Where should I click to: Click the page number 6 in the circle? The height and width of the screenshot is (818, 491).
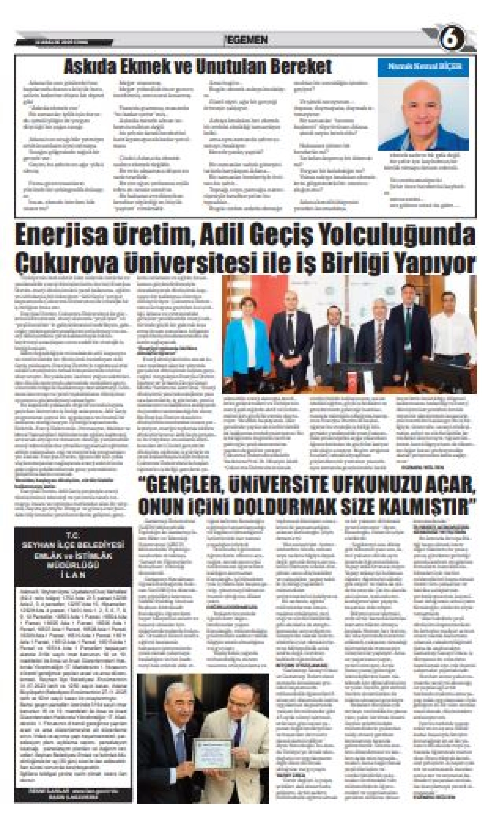[452, 40]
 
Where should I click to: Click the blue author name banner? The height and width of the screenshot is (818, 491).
[423, 66]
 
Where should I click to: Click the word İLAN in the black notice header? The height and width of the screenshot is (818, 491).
[73, 575]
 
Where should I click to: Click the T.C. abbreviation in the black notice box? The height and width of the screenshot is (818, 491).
[73, 535]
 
